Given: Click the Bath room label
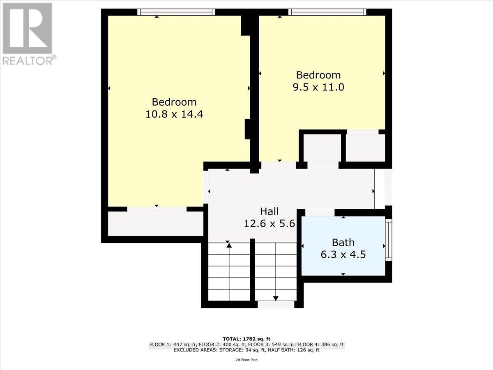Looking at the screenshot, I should [343, 243].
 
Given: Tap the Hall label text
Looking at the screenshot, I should [270, 211].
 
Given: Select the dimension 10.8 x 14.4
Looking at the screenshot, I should [174, 114].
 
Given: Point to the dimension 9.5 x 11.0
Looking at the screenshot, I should [319, 87].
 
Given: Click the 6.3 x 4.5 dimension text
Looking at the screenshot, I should [343, 254].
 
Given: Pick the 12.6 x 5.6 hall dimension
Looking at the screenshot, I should [270, 224].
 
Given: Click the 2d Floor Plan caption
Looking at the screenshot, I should [246, 360].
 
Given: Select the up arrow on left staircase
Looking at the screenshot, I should [229, 245].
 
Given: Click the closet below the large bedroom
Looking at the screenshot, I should [156, 224].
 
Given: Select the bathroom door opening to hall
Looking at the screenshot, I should [320, 213].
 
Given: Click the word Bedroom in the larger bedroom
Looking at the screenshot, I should [174, 102].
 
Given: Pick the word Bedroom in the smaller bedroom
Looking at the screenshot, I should [319, 75].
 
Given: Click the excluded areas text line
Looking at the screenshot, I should [246, 350].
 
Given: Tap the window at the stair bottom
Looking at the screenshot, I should [276, 305].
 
